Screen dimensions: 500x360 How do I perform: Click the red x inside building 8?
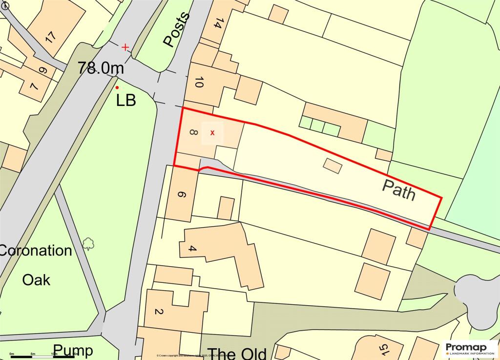212,133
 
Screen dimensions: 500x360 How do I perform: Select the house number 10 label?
198,83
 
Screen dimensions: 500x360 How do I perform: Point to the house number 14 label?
218,23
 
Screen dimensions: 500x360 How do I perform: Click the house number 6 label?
181,195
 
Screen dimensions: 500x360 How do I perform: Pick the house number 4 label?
192,249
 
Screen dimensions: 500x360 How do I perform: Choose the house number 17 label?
50,37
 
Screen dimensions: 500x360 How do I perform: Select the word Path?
398,190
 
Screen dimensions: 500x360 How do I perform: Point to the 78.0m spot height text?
101,68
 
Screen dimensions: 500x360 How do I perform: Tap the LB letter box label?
125,101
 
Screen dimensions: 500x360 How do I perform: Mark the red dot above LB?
117,87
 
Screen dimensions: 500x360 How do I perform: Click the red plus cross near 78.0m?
125,47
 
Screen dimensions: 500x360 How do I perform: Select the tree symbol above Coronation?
88,243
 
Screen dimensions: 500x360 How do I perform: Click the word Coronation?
35,251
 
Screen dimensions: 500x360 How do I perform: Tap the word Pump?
73,350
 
